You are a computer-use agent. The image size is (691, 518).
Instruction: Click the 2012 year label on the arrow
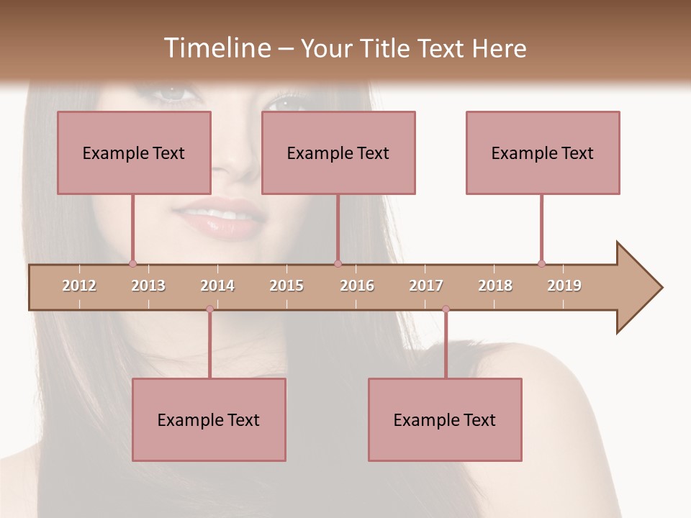[79, 286]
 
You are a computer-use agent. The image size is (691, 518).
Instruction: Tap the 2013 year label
[148, 286]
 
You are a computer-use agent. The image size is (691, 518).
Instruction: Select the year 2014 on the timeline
[217, 286]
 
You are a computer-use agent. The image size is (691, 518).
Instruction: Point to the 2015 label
[286, 286]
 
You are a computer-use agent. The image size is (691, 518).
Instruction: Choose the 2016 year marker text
[357, 286]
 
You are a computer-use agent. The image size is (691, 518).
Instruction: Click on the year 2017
[426, 286]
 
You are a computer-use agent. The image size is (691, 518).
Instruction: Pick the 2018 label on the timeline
[495, 286]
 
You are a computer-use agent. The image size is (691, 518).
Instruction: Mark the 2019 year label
[564, 286]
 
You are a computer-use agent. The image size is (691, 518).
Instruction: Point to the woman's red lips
[220, 219]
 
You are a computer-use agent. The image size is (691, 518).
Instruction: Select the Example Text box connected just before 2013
[134, 153]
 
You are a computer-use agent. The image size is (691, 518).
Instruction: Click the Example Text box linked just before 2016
[338, 153]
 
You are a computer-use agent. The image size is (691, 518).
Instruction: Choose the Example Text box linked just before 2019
[543, 153]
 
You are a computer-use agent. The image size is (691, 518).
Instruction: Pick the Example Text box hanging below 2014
[209, 419]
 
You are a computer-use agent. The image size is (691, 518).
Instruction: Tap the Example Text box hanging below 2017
[445, 419]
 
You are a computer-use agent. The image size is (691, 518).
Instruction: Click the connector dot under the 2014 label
[209, 309]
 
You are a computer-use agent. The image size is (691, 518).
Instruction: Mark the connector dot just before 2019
[541, 263]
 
